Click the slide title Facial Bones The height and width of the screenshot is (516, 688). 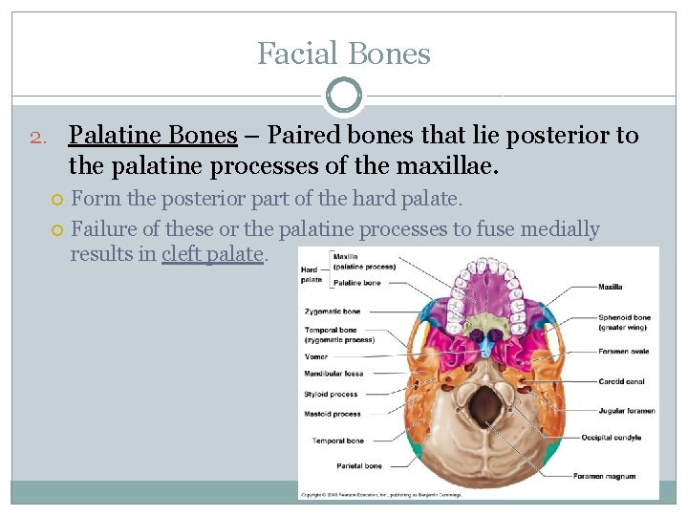pyautogui.click(x=344, y=54)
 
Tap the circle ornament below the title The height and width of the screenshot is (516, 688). pyautogui.click(x=344, y=97)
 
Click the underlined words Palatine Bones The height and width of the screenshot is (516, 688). pyautogui.click(x=153, y=136)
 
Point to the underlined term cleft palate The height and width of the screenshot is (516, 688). pyautogui.click(x=212, y=254)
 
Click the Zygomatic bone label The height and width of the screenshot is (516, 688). pyautogui.click(x=333, y=312)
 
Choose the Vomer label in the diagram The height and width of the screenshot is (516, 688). pyautogui.click(x=316, y=356)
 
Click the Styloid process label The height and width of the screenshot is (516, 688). pyautogui.click(x=331, y=394)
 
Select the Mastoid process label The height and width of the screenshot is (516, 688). pyautogui.click(x=333, y=414)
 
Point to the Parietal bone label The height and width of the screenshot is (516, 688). pyautogui.click(x=360, y=466)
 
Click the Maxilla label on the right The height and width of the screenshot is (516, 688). pyautogui.click(x=611, y=287)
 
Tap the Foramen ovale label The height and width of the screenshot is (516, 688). pyautogui.click(x=623, y=352)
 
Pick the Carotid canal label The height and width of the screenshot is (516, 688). pyautogui.click(x=621, y=381)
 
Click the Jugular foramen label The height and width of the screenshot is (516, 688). pyautogui.click(x=627, y=411)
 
